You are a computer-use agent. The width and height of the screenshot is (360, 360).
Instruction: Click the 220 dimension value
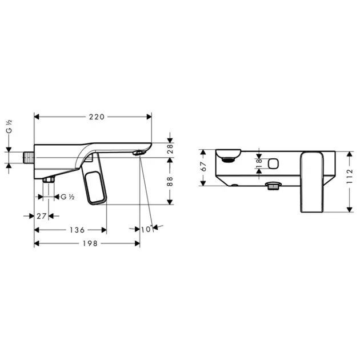point(97,117)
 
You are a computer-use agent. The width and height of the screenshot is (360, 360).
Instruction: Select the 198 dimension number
point(90,243)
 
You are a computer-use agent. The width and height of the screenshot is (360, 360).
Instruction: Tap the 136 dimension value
point(77,230)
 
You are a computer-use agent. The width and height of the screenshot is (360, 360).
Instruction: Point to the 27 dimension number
point(42,216)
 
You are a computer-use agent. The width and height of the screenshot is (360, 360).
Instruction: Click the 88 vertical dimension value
point(170,182)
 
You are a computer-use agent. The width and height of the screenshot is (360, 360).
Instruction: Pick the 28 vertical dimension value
point(170,149)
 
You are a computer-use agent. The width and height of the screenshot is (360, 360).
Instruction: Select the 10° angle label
point(146,229)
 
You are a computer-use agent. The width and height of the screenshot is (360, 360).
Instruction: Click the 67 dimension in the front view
point(203,167)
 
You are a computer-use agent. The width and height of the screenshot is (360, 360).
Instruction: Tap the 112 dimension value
point(349,177)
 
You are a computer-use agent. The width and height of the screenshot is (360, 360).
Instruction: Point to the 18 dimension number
point(259,163)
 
